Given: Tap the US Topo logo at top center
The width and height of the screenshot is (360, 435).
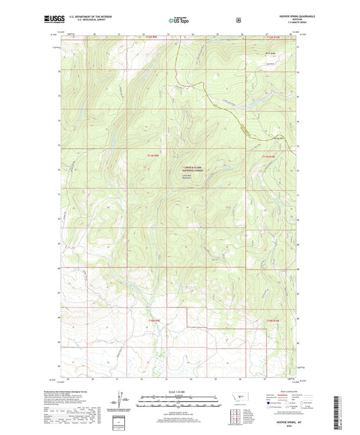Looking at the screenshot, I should [x=179, y=20].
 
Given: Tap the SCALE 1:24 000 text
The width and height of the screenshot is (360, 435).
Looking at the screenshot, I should [x=179, y=391].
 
